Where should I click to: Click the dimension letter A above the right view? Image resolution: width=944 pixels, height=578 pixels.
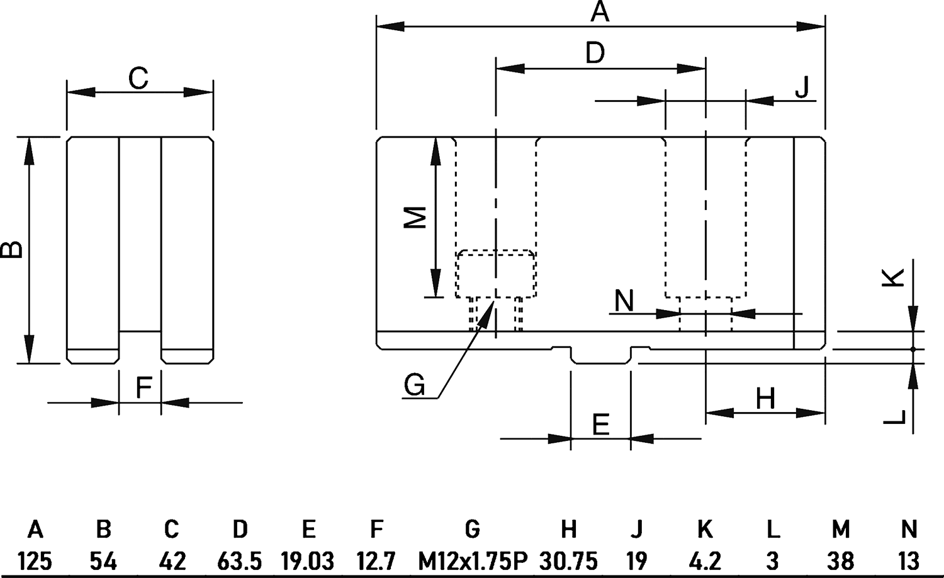(600, 12)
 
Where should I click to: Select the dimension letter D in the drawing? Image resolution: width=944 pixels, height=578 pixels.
(595, 53)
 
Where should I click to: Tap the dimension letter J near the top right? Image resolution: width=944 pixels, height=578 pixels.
(802, 87)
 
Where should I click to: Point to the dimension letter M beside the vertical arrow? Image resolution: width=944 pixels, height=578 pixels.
(415, 217)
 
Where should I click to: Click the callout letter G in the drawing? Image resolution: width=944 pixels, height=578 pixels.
(414, 385)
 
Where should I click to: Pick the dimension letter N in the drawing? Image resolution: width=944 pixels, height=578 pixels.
(624, 301)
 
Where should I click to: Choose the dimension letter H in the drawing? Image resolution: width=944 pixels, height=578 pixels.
(765, 399)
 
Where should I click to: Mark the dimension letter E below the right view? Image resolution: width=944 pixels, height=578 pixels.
(601, 425)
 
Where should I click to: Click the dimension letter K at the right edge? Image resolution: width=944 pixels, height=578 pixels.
(894, 277)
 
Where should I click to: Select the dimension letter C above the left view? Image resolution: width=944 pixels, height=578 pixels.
(138, 79)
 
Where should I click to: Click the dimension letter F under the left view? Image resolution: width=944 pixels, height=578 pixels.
(143, 388)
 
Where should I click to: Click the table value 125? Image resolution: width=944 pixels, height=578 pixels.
(35, 560)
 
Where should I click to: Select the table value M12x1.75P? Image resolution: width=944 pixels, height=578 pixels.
(472, 560)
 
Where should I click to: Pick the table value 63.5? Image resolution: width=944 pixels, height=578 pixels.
(239, 560)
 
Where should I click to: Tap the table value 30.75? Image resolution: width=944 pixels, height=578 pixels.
(568, 560)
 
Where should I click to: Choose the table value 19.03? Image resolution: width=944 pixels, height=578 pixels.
(308, 560)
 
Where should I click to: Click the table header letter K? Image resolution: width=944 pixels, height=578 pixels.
(705, 530)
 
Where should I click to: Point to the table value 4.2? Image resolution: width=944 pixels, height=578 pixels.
(705, 560)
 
